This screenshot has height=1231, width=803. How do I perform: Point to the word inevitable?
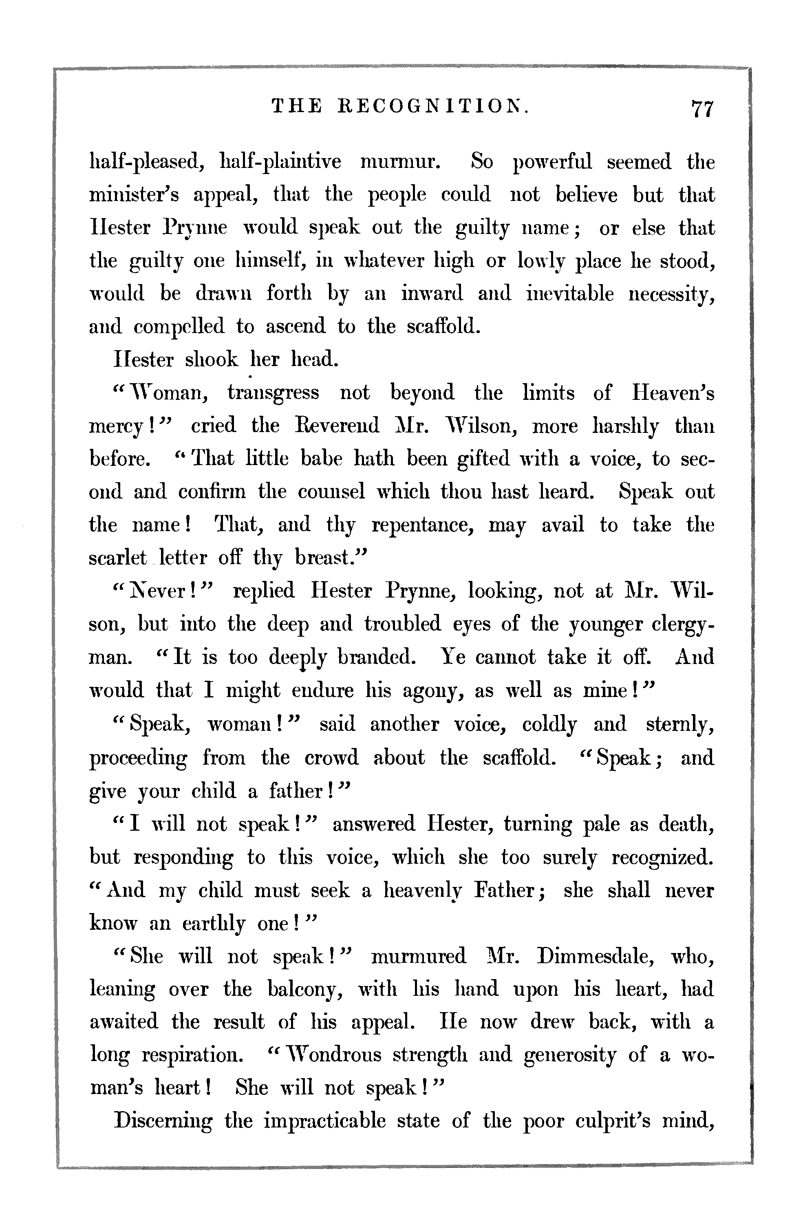570,294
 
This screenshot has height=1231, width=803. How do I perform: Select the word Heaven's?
673,393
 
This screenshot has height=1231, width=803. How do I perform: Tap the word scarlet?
118,558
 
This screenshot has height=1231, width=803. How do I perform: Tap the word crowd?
331,758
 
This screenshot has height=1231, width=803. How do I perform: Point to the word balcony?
306,989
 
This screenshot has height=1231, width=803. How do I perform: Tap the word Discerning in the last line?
163,1122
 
